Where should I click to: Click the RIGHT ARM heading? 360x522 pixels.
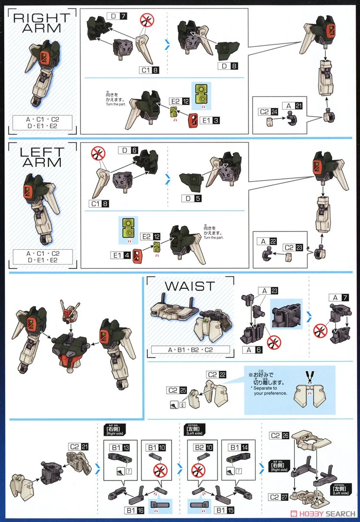click(x=42, y=23)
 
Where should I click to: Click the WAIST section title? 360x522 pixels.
click(x=190, y=286)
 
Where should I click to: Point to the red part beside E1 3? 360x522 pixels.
click(x=193, y=120)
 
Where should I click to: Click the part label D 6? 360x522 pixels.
click(x=129, y=150)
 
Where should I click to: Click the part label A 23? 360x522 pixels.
click(x=268, y=291)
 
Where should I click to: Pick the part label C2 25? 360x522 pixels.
click(x=176, y=391)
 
